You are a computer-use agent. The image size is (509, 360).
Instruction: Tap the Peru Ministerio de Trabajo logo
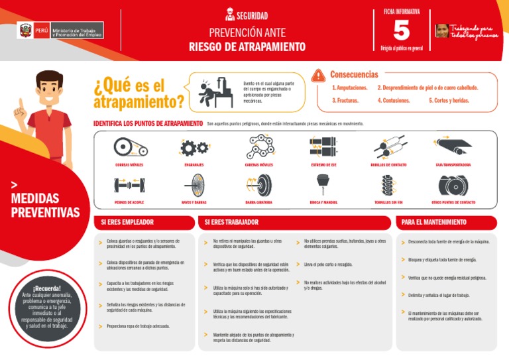point(60,30)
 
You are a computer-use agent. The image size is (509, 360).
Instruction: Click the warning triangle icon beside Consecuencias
point(319,76)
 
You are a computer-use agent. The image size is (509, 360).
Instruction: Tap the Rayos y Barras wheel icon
point(194,185)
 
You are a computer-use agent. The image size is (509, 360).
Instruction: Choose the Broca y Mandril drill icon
point(323,185)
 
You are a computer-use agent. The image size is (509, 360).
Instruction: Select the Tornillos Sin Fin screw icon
point(388,185)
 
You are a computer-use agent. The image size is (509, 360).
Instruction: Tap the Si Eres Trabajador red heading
point(232,222)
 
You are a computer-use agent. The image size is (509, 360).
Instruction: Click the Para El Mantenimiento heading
point(434,222)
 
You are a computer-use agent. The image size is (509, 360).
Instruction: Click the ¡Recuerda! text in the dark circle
point(47,288)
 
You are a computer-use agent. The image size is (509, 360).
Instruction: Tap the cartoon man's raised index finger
point(20,105)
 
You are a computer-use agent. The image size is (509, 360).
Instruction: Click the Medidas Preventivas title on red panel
point(44,206)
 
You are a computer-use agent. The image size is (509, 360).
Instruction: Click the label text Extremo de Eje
point(323,164)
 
